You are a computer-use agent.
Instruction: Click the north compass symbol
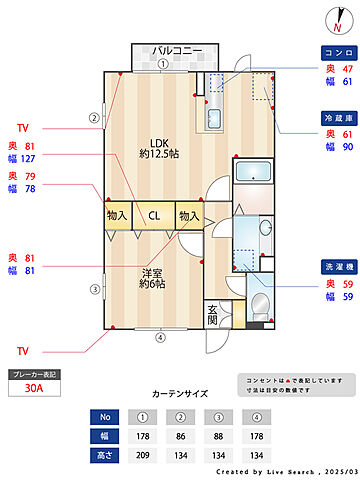(x=335, y=19)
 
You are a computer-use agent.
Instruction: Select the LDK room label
(x=157, y=147)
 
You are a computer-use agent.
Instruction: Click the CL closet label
(x=155, y=215)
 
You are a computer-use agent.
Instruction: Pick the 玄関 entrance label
(x=215, y=315)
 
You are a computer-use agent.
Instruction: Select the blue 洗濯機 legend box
(x=337, y=268)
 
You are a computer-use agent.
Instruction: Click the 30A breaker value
(x=33, y=391)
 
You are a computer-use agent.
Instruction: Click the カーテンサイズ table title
(x=180, y=394)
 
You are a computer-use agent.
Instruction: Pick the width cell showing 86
(x=180, y=435)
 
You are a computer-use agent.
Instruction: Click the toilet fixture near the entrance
(x=259, y=304)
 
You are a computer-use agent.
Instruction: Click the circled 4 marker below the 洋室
(x=160, y=337)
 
